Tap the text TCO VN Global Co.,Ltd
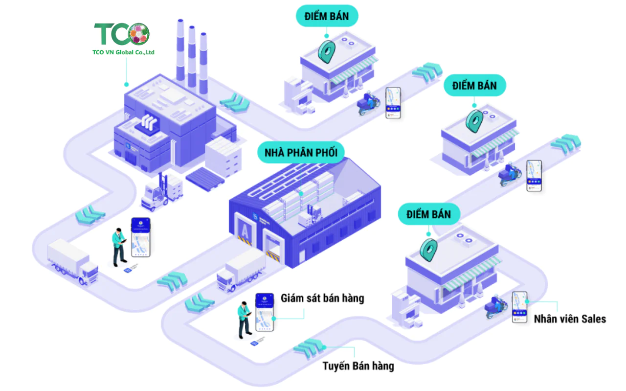click(x=124, y=52)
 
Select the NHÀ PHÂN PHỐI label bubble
click(x=301, y=153)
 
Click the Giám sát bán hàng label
click(x=322, y=298)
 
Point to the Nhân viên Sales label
click(x=570, y=319)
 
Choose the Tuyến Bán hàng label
click(x=358, y=366)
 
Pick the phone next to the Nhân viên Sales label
click(x=519, y=307)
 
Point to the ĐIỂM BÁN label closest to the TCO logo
click(x=326, y=16)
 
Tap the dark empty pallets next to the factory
click(x=205, y=180)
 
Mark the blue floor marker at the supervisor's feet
click(x=254, y=344)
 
